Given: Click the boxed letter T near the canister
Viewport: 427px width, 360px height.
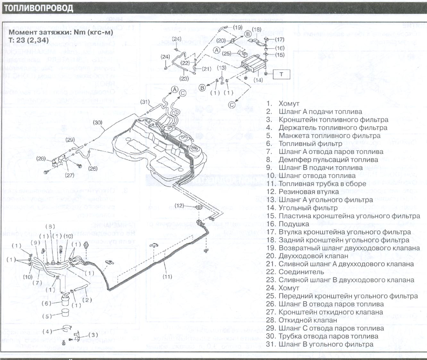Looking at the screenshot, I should tap(281, 74).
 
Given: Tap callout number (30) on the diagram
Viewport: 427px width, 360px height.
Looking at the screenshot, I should tap(97, 123).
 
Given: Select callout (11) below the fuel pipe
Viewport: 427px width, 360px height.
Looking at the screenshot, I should tap(167, 276).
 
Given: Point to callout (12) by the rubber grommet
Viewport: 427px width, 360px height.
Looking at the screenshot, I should tap(179, 205).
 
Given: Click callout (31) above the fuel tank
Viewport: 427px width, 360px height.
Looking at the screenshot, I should tap(145, 102).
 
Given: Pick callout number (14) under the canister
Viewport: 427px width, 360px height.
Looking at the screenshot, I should tap(258, 80).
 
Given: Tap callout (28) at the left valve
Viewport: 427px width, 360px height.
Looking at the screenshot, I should tap(41, 159).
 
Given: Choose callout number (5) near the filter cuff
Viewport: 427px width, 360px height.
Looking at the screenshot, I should tap(47, 316).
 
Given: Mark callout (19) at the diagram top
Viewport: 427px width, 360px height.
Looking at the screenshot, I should tap(238, 27).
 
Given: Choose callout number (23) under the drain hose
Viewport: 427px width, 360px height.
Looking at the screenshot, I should tap(184, 78).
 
